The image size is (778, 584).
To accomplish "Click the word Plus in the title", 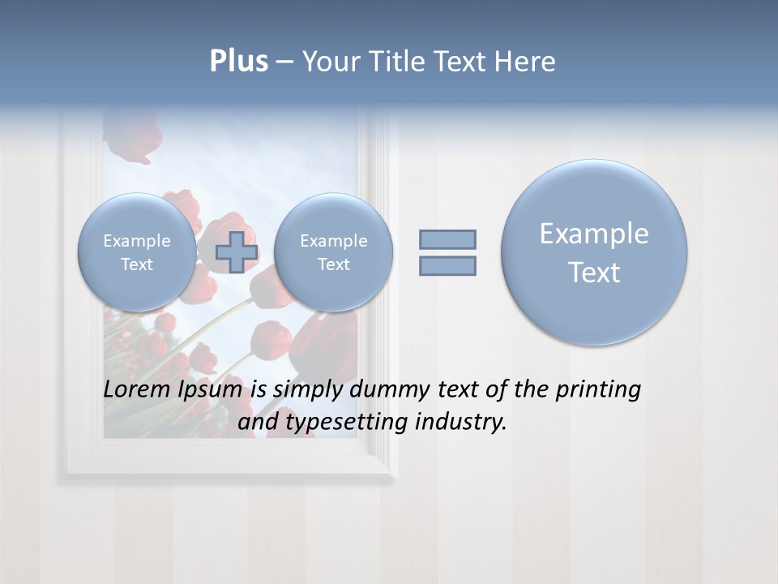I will pos(238,62).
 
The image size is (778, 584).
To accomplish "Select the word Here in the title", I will pos(527,62).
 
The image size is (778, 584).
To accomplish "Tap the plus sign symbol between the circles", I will pos(237,251).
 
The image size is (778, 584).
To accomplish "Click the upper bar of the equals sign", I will pos(447,239).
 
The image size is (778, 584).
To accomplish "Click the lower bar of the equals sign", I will pos(447,265).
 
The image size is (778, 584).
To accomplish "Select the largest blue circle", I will pos(594,252).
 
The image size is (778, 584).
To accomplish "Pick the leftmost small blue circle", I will pos(137,252).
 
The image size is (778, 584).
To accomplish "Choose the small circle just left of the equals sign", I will pos(333,252).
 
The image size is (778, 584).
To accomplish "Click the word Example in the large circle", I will pos(594,234).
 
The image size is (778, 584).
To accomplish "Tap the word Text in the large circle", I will pos(594,273).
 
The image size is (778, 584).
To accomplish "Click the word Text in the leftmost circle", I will pos(137,264).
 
